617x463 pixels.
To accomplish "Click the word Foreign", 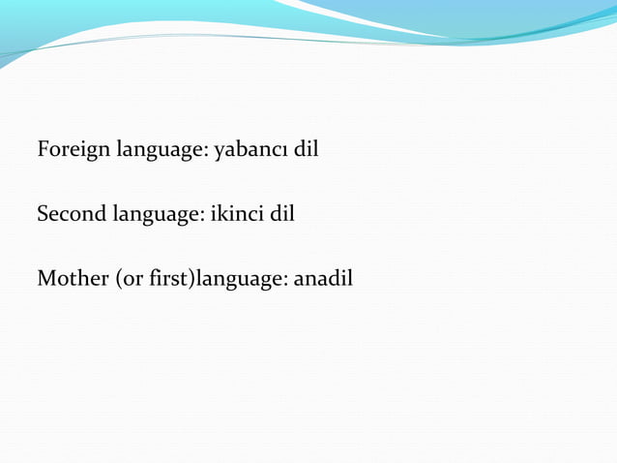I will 73,151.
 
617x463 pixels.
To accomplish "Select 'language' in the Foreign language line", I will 162,151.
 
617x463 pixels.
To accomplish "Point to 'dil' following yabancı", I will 306,150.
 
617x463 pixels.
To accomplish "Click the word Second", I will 71,213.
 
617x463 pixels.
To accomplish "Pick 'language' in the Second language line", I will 158,214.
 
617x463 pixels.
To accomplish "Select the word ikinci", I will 239,213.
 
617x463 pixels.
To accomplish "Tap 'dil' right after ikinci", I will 281,213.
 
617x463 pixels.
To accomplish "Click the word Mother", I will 73,279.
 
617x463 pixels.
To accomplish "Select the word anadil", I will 323,279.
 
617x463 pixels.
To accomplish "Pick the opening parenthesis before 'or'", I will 118,280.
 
